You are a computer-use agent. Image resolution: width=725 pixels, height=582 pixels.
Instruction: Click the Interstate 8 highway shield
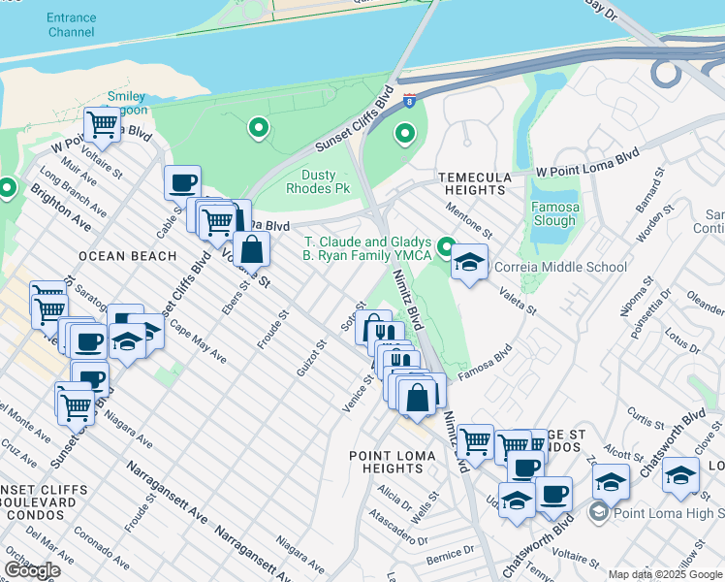tap(411, 99)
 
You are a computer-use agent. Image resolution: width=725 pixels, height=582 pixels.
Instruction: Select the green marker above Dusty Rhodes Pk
tap(258, 127)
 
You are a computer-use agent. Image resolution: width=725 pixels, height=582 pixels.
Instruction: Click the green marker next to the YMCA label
tap(447, 247)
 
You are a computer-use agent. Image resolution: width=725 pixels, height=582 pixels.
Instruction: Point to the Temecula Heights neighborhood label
tap(474, 183)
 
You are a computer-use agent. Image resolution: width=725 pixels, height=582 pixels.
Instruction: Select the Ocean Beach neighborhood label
tap(128, 256)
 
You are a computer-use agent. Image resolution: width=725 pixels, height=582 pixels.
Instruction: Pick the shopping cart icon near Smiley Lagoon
tap(102, 123)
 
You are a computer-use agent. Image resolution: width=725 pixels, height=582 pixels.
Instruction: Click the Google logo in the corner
tap(32, 570)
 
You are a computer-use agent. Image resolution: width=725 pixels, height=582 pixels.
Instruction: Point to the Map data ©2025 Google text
tap(664, 574)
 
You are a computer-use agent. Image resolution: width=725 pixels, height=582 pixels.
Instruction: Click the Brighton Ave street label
tap(61, 210)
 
